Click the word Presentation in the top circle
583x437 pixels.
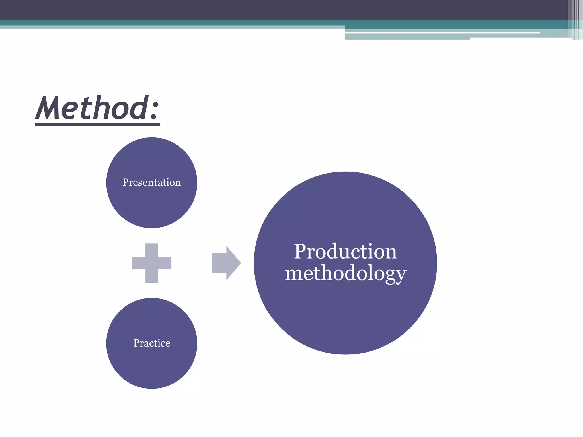point(151,182)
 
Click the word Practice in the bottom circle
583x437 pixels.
point(152,343)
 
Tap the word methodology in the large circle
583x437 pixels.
point(345,273)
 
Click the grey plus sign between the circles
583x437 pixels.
point(152,263)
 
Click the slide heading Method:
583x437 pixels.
point(97,108)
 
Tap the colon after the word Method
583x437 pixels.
point(154,111)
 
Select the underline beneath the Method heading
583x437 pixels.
point(97,125)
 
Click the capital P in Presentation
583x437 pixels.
point(126,182)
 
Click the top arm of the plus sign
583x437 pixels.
point(152,250)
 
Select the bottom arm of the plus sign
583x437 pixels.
point(152,276)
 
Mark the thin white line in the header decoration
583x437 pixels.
point(441,32)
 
